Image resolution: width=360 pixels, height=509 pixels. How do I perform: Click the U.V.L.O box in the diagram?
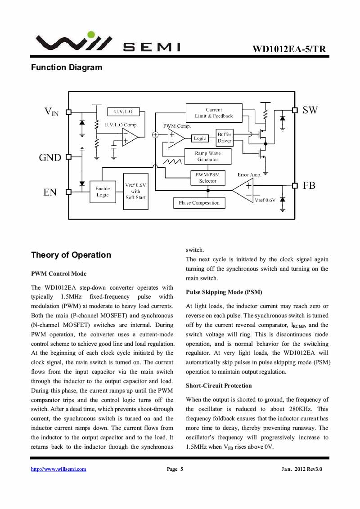[x=123, y=112]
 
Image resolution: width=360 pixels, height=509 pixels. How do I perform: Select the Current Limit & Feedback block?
[x=214, y=113]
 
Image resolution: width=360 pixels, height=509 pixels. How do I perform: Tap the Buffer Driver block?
[x=225, y=138]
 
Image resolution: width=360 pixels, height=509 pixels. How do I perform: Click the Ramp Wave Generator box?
[x=208, y=156]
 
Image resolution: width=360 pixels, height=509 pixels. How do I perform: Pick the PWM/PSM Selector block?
[x=208, y=178]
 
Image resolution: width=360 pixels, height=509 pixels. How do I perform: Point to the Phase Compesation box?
[x=199, y=203]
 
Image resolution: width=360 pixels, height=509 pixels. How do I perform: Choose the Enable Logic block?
[x=103, y=192]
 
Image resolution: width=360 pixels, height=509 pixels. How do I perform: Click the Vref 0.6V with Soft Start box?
[x=136, y=192]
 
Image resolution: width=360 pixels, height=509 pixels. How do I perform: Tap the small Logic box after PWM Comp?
[x=200, y=138]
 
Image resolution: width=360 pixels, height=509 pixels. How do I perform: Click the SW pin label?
[x=310, y=110]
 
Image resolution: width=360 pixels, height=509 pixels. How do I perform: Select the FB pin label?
[x=309, y=185]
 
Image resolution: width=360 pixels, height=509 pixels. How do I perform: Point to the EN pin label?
[x=50, y=192]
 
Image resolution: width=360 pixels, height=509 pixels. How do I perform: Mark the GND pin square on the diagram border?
[x=68, y=157]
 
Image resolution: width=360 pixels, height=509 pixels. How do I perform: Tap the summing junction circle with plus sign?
[x=155, y=134]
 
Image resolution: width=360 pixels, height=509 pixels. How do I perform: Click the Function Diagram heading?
[x=67, y=67]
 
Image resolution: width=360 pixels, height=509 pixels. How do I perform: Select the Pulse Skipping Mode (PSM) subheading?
[x=224, y=292]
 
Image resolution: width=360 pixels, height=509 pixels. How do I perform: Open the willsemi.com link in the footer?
[x=58, y=469]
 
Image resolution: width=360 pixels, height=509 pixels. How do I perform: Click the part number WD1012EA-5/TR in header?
[x=289, y=49]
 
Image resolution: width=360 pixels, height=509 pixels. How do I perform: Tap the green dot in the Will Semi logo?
[x=91, y=35]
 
